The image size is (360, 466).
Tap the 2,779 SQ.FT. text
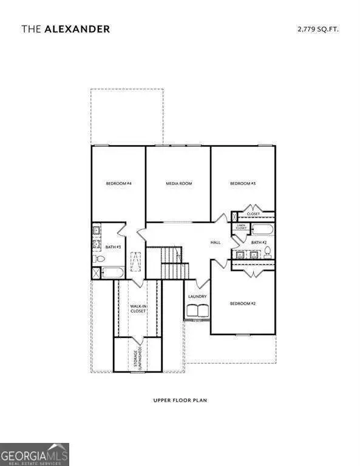317,29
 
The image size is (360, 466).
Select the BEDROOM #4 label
119,183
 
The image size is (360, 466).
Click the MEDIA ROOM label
178,183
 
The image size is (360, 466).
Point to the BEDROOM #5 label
242,183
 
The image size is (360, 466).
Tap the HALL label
216,242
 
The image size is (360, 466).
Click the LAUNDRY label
197,297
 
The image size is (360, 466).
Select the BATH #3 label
113,247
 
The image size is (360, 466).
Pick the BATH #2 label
259,242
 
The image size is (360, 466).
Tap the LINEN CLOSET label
240,227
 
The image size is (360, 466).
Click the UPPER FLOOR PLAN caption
180,400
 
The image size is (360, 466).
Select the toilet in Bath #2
267,255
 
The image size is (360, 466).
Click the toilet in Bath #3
98,259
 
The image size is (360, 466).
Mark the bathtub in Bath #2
262,231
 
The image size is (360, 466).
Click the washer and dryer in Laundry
197,311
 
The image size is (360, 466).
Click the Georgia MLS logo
35,454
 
